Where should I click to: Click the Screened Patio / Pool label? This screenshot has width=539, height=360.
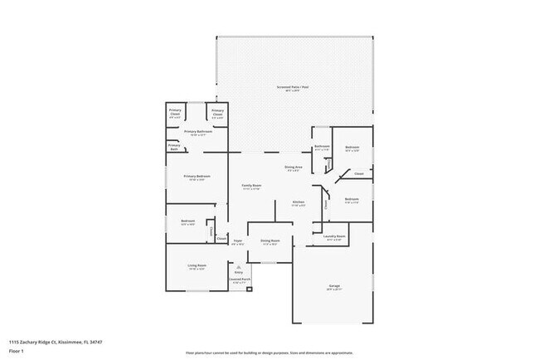[293, 87]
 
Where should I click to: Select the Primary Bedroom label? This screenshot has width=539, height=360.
[197, 176]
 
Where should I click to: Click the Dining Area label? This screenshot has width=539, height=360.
[294, 168]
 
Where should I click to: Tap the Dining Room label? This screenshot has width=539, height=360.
[269, 241]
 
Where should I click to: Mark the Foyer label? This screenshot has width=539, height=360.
[238, 241]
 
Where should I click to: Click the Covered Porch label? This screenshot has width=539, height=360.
[239, 280]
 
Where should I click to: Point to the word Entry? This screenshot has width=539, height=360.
[239, 272]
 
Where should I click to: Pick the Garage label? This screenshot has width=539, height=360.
[333, 286]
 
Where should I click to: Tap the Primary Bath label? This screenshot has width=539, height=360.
[174, 146]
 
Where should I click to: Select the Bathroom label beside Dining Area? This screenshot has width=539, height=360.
[323, 147]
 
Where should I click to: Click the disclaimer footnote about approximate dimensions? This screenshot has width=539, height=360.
[269, 352]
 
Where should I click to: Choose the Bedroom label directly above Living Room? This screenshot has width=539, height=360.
[187, 221]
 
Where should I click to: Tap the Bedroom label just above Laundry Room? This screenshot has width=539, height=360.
[352, 199]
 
